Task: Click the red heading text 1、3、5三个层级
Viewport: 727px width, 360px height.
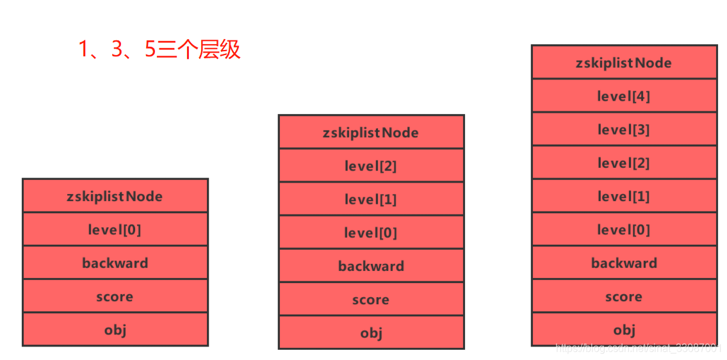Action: [159, 49]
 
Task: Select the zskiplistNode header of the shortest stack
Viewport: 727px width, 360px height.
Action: [115, 196]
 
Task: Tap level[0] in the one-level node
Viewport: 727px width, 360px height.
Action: [115, 229]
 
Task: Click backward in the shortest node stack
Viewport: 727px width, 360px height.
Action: [115, 263]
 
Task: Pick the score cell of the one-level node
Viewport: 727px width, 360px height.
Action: [115, 297]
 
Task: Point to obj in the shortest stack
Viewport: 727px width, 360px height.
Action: [115, 330]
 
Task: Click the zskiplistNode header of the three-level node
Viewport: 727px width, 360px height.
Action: [371, 133]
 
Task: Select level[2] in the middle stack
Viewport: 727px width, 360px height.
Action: [371, 166]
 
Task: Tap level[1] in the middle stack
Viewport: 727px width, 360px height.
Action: [371, 199]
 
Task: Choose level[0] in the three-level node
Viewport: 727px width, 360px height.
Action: [371, 233]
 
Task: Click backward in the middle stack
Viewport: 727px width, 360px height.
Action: [371, 266]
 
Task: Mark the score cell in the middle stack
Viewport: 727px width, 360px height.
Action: [371, 300]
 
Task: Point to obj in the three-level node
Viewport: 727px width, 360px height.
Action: [371, 333]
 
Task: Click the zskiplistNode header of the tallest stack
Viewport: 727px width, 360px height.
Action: [624, 63]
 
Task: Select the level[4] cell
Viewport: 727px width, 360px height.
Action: [624, 96]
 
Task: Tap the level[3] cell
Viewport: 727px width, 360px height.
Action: [624, 129]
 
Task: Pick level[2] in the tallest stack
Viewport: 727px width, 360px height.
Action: [624, 163]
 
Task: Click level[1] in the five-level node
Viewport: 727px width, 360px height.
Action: [624, 196]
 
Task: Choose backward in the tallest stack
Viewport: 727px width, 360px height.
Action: [624, 263]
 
